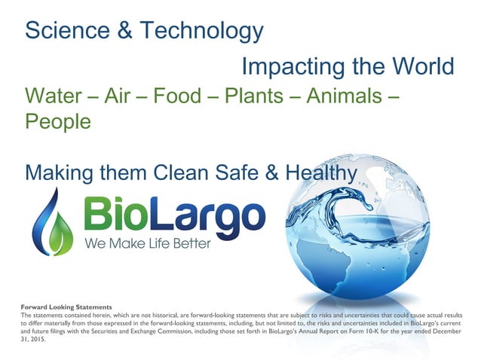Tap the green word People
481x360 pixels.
pos(58,121)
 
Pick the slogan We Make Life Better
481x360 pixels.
pos(148,244)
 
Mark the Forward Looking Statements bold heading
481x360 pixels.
pos(68,307)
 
